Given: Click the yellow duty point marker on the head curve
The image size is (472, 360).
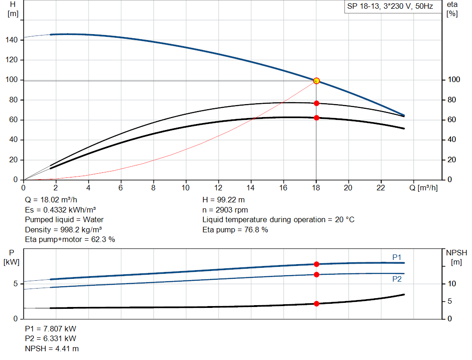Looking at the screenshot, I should pyautogui.click(x=316, y=81).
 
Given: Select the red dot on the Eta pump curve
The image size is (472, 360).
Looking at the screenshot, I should pyautogui.click(x=316, y=103).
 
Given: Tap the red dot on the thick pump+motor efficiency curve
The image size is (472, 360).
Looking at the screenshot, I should pyautogui.click(x=316, y=118).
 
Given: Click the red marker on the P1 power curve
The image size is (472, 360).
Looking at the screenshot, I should pyautogui.click(x=316, y=264).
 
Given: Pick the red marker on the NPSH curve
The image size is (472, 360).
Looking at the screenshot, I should pyautogui.click(x=316, y=304).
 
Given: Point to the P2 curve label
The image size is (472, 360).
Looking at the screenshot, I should pyautogui.click(x=397, y=279).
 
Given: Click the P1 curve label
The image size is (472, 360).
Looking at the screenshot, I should pyautogui.click(x=397, y=257).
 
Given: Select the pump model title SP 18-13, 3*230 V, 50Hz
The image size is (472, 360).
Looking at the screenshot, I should pyautogui.click(x=389, y=7).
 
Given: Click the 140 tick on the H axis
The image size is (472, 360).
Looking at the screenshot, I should pyautogui.click(x=12, y=40).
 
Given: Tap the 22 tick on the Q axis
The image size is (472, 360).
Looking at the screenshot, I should pyautogui.click(x=381, y=188).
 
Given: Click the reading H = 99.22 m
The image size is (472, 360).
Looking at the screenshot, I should pyautogui.click(x=223, y=200).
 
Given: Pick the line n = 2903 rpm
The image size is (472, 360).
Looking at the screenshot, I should pyautogui.click(x=225, y=210).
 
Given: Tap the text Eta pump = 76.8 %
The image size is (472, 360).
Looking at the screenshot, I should pyautogui.click(x=235, y=230).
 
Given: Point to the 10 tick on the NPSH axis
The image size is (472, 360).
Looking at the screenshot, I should pyautogui.click(x=452, y=283).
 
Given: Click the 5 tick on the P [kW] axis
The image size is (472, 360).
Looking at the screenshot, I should pyautogui.click(x=15, y=283).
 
